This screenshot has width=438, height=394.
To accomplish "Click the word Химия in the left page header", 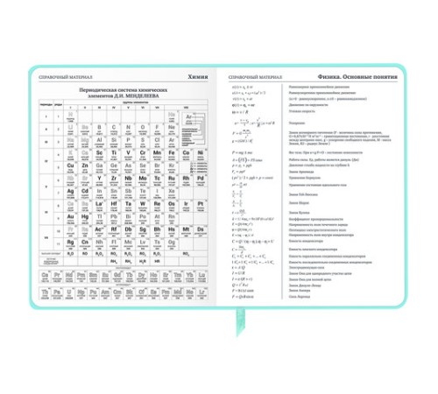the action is pyautogui.click(x=199, y=77).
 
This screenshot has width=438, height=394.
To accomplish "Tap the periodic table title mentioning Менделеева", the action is pyautogui.click(x=125, y=94).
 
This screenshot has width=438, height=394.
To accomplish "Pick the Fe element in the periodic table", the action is pyautogui.click(x=171, y=152).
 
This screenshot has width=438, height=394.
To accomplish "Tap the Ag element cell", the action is pyautogui.click(x=71, y=191).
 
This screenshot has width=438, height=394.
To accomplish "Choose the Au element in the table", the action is pyautogui.click(x=71, y=217).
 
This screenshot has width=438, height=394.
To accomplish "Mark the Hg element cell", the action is pyautogui.click(x=86, y=217).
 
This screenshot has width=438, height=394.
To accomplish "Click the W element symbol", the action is pyautogui.click(x=144, y=204).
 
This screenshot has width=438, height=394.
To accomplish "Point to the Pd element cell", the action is pyautogui.click(x=201, y=178).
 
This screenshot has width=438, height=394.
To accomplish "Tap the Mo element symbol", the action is pyautogui.click(x=144, y=178).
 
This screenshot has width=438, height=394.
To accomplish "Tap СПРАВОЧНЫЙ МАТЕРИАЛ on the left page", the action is pyautogui.click(x=64, y=77).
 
